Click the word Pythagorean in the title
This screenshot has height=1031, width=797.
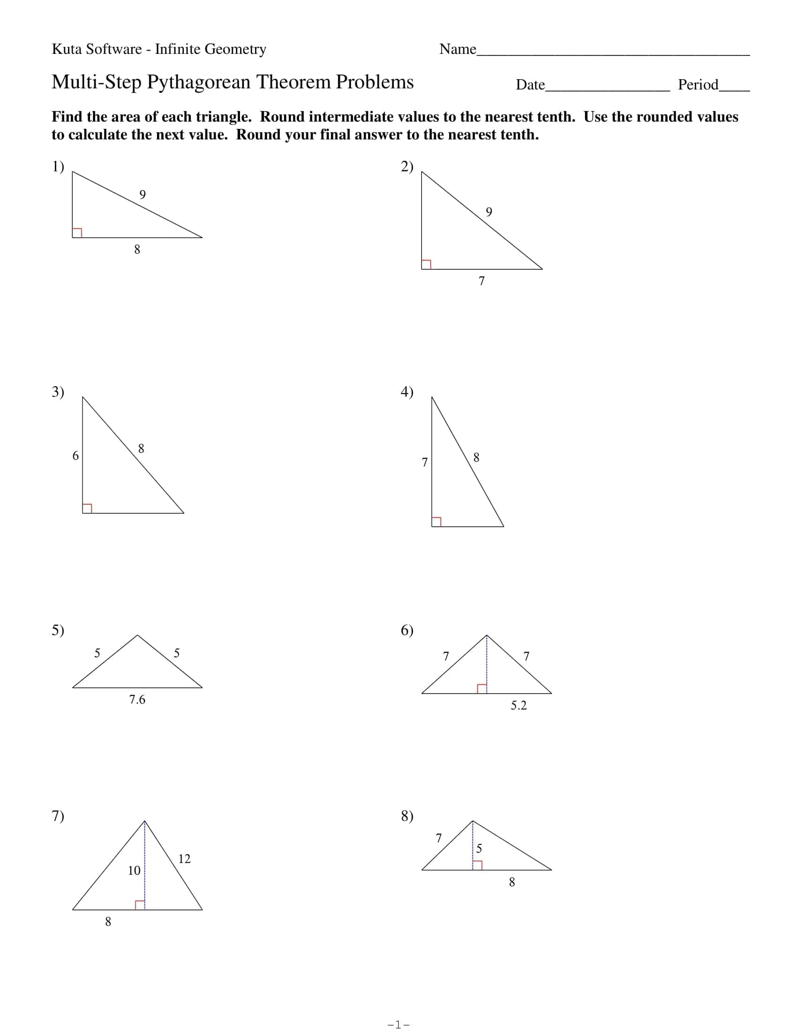pos(198,82)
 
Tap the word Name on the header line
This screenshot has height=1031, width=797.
pos(457,49)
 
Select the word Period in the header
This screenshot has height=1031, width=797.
pos(698,85)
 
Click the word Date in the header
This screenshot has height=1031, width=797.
pos(530,85)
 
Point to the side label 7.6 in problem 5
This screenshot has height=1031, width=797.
pos(137,700)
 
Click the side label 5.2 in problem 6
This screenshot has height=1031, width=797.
pos(519,705)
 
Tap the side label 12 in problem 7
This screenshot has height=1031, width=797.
pos(184,859)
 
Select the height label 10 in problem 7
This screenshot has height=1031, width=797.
pos(134,871)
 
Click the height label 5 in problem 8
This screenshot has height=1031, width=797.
pos(479,849)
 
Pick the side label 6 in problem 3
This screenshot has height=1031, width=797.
pos(75,456)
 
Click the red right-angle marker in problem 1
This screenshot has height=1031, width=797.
pos(77,233)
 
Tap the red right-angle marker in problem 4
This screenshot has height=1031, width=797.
pos(436,522)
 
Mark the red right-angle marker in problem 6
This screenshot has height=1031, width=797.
pos(481,688)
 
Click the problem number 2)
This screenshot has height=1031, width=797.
pos(406,167)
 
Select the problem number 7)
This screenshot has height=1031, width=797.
pos(58,816)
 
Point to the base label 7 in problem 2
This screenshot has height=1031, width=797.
pos(481,281)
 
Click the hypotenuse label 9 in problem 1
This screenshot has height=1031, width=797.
pos(143,194)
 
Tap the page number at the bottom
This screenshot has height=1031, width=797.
pos(398,1024)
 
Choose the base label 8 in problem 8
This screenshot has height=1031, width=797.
pos(512,882)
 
